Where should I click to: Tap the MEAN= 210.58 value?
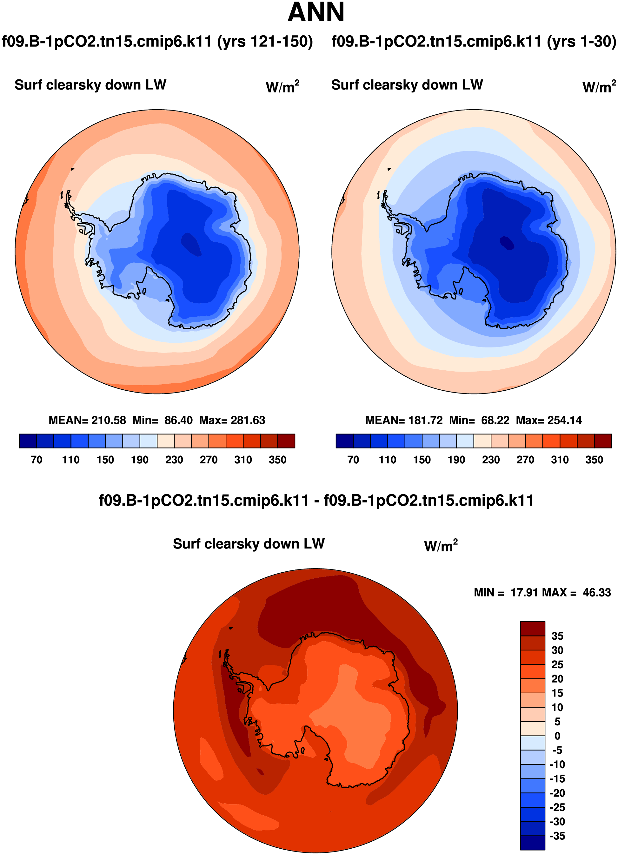[x=87, y=420]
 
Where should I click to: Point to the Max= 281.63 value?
[x=232, y=420]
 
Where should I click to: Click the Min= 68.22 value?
[x=479, y=420]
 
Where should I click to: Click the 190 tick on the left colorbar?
[x=139, y=460]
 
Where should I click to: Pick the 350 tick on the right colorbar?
[x=594, y=460]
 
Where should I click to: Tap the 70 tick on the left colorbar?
[x=37, y=460]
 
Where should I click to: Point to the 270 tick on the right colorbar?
[x=525, y=460]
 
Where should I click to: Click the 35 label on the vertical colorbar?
[x=557, y=636]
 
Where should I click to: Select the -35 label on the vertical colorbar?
[x=557, y=836]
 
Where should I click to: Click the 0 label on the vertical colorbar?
[x=557, y=736]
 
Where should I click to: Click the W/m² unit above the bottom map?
[x=441, y=546]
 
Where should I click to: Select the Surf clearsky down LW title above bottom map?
[x=249, y=544]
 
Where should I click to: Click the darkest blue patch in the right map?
[x=507, y=242]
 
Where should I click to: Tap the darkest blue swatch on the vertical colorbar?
[x=533, y=843]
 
